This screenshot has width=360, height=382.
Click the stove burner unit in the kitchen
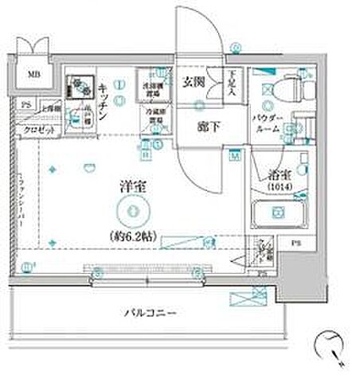79,85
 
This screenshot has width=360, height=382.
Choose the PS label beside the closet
25,103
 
